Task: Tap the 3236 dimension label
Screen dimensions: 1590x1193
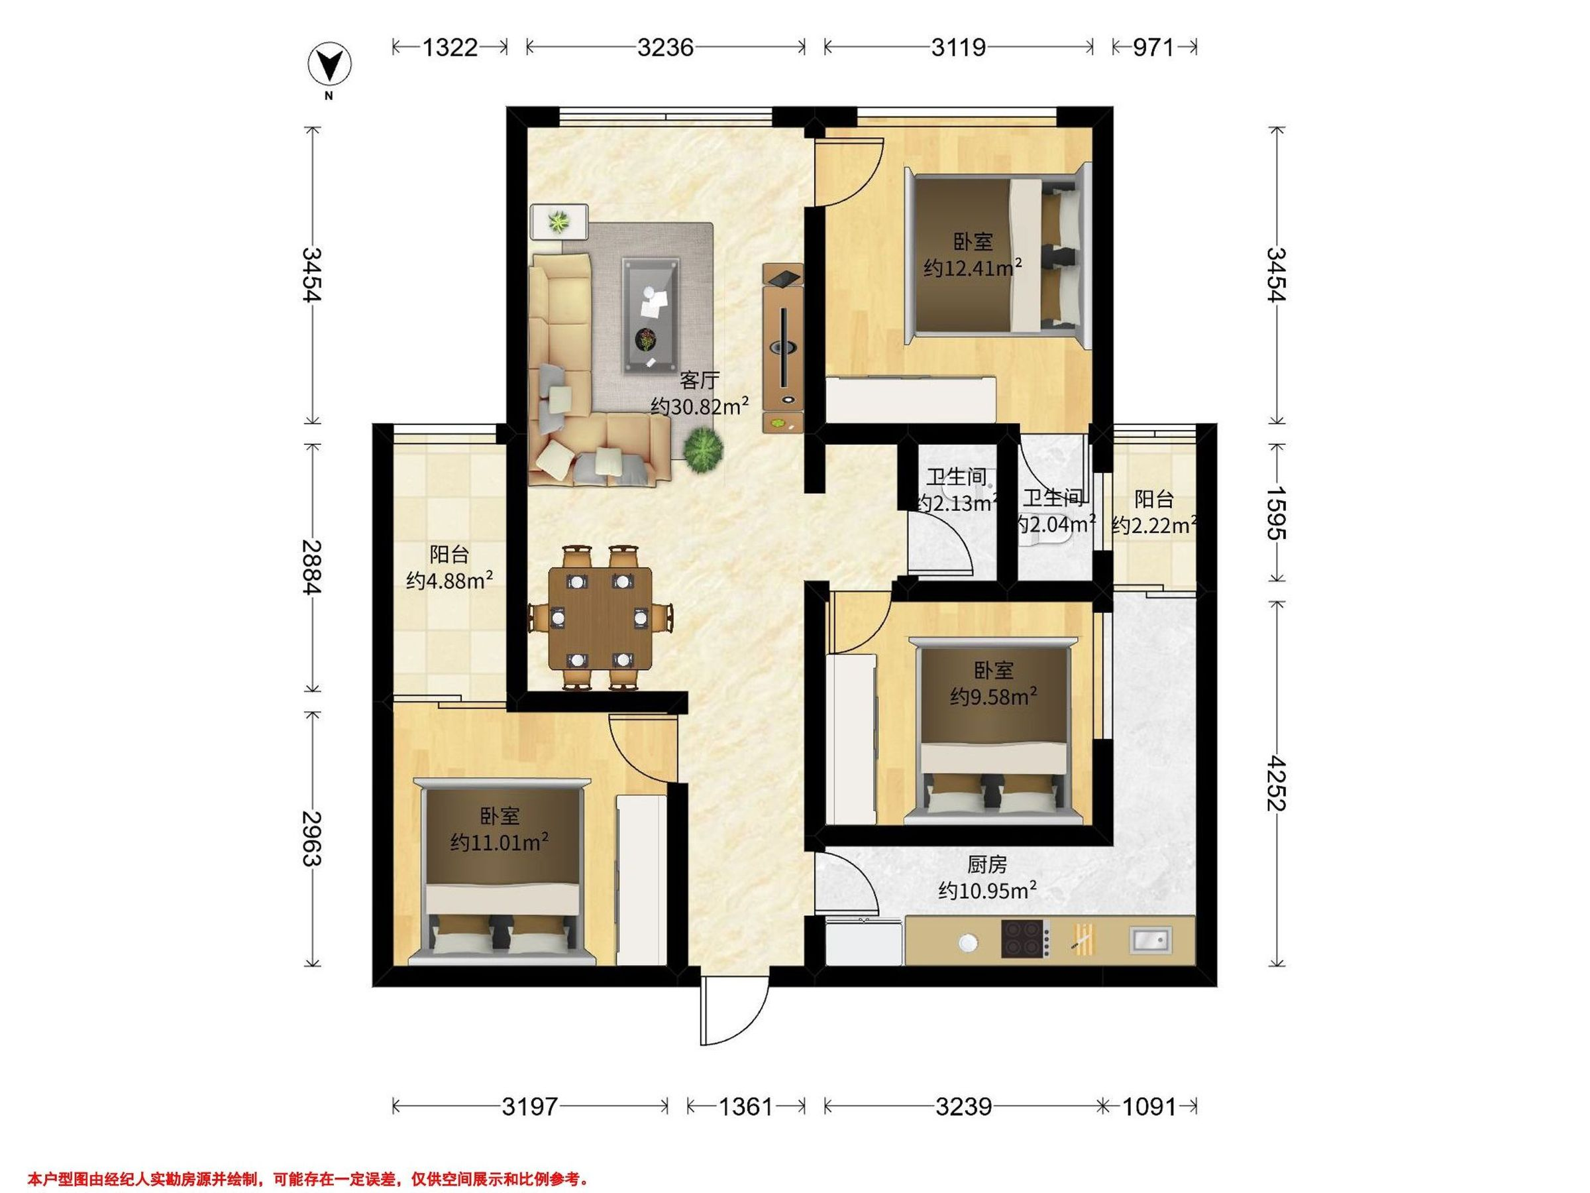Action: [666, 48]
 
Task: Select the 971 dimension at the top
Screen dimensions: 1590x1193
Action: [1153, 48]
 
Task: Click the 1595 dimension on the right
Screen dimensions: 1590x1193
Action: [1277, 513]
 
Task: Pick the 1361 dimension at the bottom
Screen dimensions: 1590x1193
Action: [745, 1106]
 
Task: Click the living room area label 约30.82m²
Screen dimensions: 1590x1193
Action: [700, 406]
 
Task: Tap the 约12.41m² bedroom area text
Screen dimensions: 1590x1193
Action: [973, 268]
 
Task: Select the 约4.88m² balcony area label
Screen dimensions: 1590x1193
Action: [449, 580]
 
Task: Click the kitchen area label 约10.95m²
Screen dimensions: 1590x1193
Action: [987, 890]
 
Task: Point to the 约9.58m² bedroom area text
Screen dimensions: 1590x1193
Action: [993, 696]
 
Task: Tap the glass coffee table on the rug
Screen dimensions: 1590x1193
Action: [651, 315]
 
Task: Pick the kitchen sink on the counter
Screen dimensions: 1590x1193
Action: [1150, 939]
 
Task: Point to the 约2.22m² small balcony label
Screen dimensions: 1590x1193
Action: [1153, 526]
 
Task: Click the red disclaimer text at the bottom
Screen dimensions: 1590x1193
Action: [308, 1159]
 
